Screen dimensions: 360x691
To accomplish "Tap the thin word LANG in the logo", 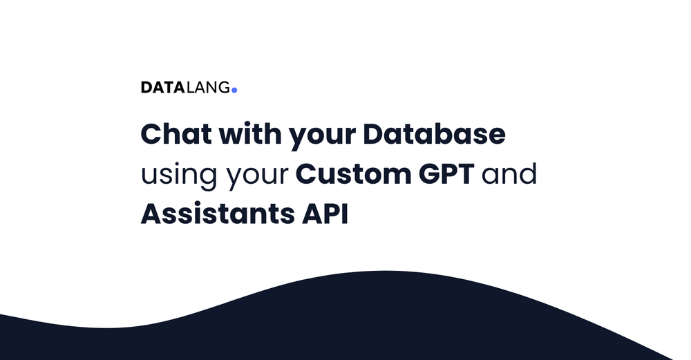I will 208,88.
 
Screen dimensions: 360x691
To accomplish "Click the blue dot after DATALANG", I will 234,90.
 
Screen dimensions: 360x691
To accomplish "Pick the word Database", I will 435,134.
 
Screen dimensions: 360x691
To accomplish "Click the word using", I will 179,176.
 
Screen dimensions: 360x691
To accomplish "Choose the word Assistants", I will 216,214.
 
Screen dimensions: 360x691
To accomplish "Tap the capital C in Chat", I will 153,134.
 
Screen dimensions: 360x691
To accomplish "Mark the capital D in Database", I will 375,134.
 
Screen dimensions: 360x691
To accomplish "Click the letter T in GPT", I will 465,174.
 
